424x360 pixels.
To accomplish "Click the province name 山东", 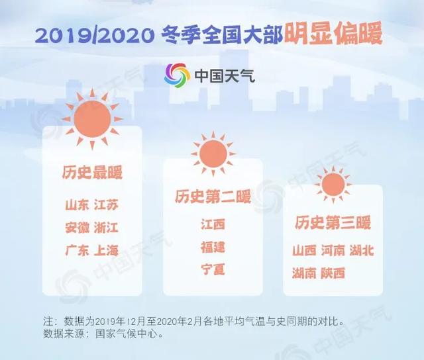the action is (77, 204).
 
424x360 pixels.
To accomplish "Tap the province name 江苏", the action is (106, 204).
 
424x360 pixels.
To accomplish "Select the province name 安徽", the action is (77, 228).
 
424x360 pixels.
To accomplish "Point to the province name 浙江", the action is (106, 228).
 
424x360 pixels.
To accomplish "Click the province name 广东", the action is (77, 250).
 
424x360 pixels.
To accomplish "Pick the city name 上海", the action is (106, 250).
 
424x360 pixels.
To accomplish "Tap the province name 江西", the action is (213, 224).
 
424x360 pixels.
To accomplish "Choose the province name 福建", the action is (213, 247).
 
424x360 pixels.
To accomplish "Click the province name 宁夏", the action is (213, 269).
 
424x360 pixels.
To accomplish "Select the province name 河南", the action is (333, 250).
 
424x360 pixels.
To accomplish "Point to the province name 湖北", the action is (362, 250).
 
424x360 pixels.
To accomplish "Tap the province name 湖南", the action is (304, 273).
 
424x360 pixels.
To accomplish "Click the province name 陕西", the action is (333, 273).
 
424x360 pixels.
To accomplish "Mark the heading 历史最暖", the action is (92, 172).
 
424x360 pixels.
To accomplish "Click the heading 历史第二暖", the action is (213, 197).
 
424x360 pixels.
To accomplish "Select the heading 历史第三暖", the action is (333, 222).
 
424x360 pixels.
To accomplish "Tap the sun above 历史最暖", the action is (93, 119).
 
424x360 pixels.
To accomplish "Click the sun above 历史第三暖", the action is (333, 185).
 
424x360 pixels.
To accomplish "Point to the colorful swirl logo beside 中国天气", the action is (177, 75).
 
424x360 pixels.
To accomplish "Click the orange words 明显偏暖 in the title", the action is (333, 34).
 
